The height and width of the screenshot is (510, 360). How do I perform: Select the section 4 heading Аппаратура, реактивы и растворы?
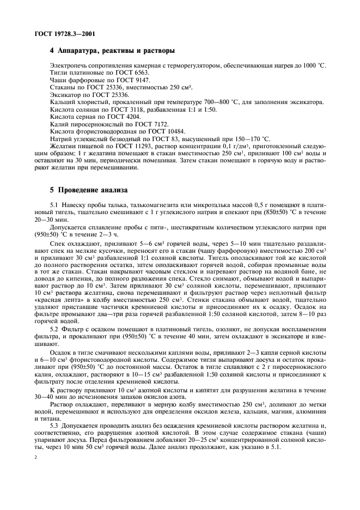click(112, 51)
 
